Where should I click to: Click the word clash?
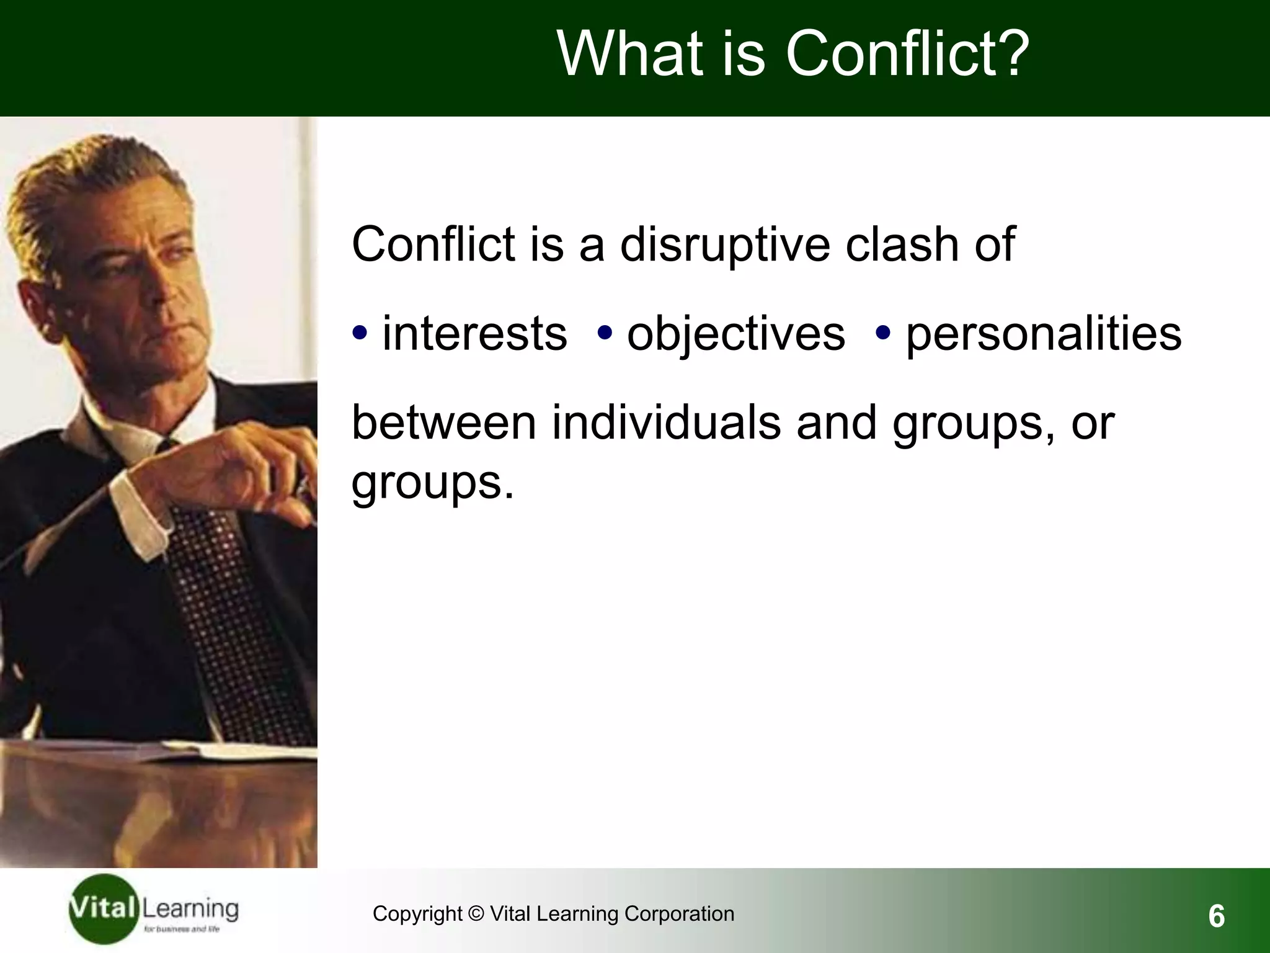tap(902, 244)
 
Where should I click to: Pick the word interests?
tap(474, 334)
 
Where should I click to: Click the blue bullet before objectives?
tap(605, 333)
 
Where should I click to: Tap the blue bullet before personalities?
tap(883, 333)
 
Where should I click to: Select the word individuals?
tap(667, 423)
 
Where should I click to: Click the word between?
tap(443, 423)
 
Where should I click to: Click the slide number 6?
tap(1216, 916)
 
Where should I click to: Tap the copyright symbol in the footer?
tap(476, 914)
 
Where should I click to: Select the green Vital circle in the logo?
tap(102, 910)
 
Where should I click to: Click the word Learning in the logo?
tap(190, 910)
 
